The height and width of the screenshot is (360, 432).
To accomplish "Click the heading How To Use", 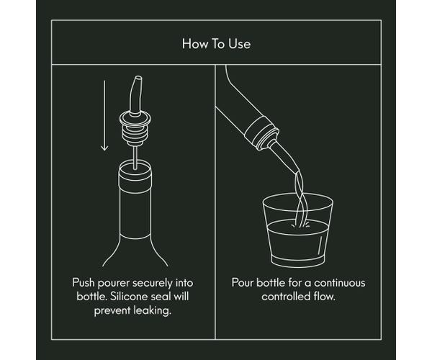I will point(216,42).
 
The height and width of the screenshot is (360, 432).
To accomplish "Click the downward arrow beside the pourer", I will point(104,115).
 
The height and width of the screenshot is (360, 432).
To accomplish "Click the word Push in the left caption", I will point(84,282).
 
